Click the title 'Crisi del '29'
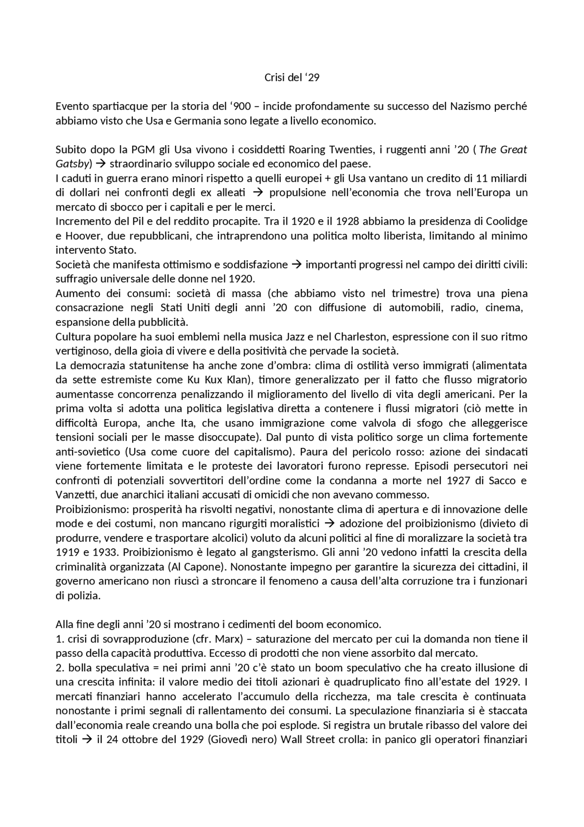[292, 78]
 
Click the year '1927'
[460, 480]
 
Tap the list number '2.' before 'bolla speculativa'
[60, 668]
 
